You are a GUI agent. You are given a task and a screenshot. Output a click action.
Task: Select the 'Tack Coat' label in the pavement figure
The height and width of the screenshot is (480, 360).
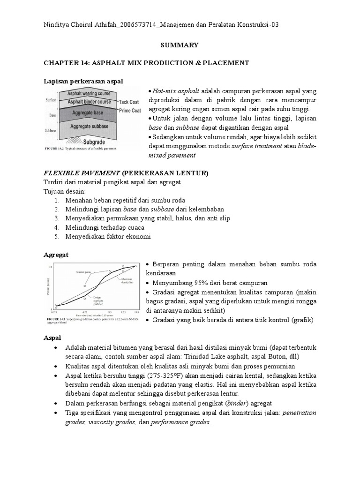tap(128, 102)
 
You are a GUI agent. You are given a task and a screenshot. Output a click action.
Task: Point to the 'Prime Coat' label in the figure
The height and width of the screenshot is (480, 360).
tap(130, 110)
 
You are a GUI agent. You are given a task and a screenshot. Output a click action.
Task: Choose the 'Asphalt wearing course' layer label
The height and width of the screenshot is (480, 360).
tap(89, 93)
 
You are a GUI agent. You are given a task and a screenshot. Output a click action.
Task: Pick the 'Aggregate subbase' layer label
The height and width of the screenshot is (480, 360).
tap(89, 127)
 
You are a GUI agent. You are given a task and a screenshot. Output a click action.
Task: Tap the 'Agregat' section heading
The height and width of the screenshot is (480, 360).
tap(56, 255)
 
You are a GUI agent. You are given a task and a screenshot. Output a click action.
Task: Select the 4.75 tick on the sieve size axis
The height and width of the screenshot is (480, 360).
tap(85, 312)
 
